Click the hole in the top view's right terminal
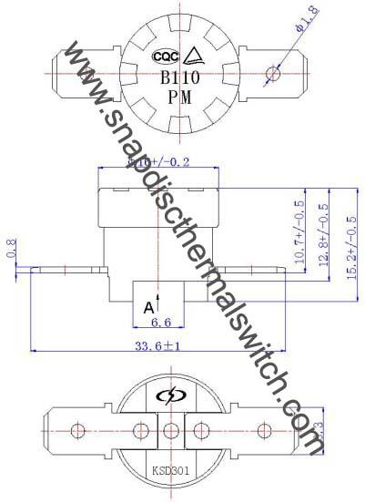click(270, 72)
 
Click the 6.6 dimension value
click(160, 322)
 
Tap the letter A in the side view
click(147, 307)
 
